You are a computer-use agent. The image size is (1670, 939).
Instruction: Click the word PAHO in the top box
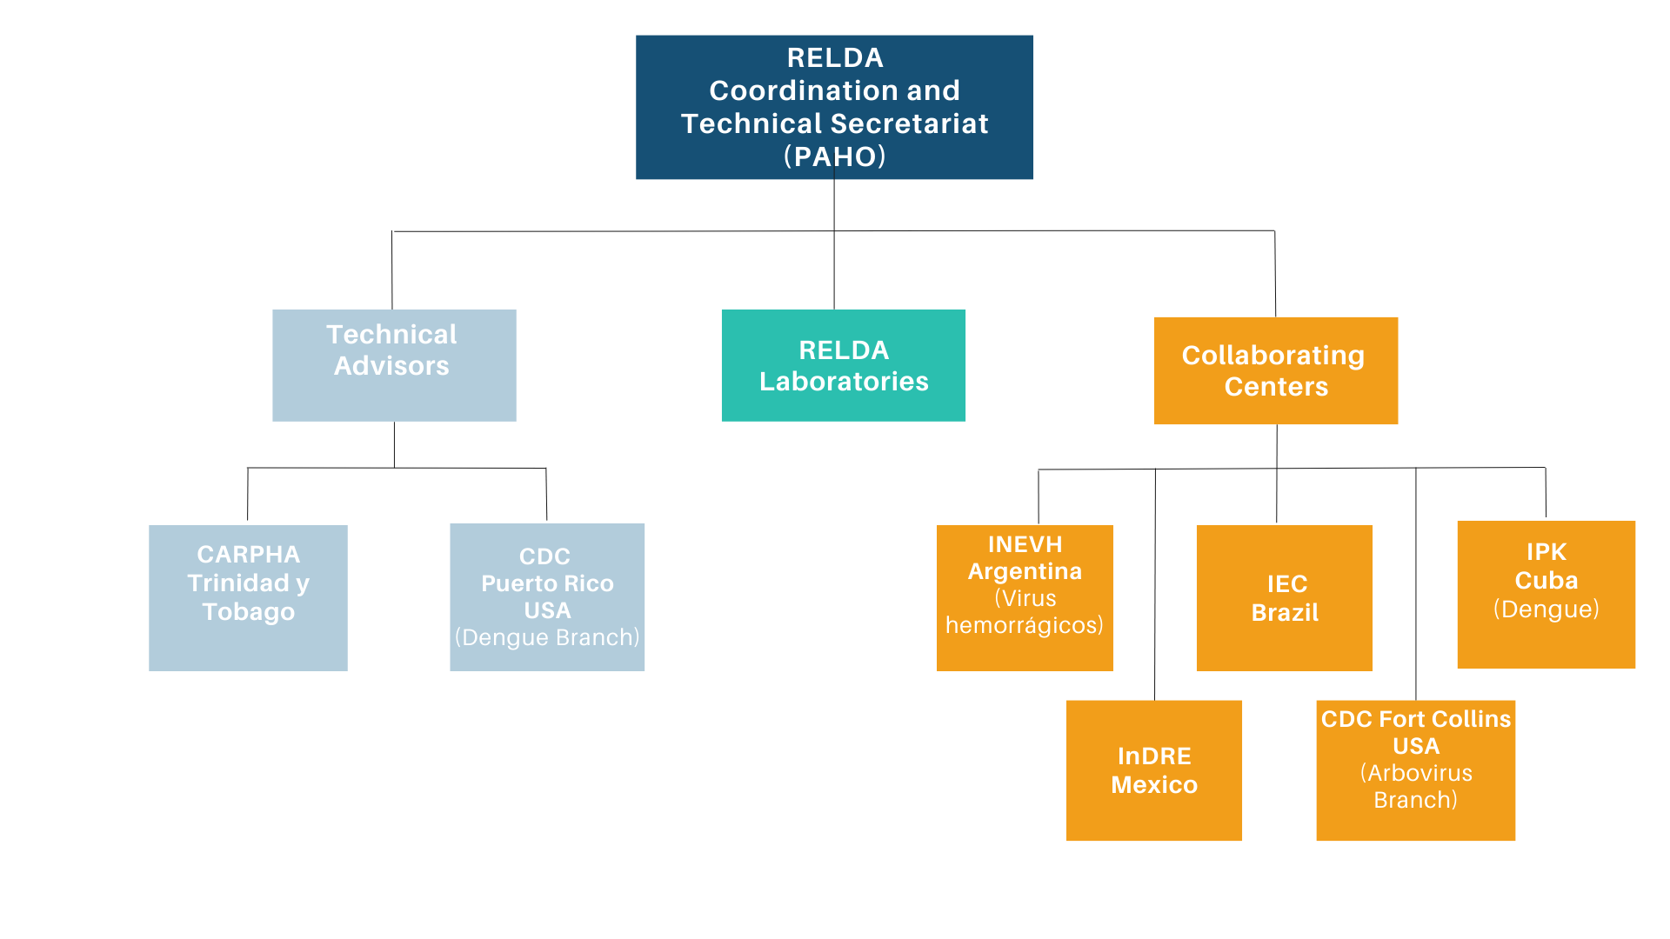click(x=834, y=156)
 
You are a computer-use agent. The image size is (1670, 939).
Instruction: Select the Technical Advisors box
click(x=394, y=365)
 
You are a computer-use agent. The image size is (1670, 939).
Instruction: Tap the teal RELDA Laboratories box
click(x=843, y=365)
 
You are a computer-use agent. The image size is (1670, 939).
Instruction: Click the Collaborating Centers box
click(x=1275, y=370)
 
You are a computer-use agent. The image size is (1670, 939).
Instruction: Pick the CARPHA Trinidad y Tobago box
click(x=248, y=597)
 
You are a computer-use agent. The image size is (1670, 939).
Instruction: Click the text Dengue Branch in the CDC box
click(x=547, y=637)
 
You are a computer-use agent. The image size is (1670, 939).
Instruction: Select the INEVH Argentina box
click(x=1025, y=597)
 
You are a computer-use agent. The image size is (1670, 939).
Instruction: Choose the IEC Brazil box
click(x=1284, y=597)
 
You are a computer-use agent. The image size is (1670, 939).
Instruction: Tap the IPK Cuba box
click(x=1546, y=594)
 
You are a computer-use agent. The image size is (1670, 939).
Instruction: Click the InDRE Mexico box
click(x=1153, y=770)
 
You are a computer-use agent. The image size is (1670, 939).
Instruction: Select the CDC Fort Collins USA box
click(x=1415, y=770)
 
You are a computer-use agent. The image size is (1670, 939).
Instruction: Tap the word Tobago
click(x=248, y=612)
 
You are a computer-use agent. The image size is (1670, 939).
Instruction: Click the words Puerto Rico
click(x=547, y=583)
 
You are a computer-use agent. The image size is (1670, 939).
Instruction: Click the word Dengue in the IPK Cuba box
click(x=1546, y=609)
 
